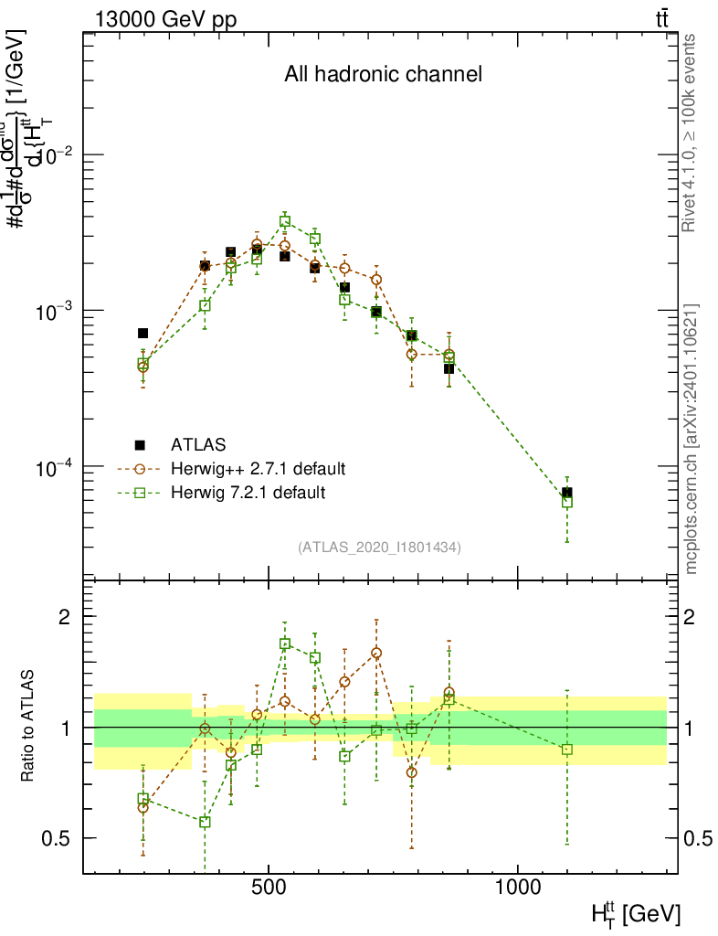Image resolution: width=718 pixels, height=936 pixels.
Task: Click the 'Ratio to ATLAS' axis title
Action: point(30,728)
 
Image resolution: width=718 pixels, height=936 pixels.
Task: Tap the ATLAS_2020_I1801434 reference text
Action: point(379,548)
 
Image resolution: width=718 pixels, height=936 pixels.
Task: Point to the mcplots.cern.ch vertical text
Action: point(692,439)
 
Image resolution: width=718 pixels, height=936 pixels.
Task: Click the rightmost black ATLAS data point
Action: point(567,493)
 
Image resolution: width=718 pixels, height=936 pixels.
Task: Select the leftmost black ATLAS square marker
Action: point(143,334)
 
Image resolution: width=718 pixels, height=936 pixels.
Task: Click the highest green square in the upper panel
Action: point(285,221)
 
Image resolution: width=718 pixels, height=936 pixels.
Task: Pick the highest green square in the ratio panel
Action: point(285,643)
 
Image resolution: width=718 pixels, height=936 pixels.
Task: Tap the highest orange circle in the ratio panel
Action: point(376,653)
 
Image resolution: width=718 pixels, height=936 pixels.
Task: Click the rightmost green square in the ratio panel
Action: point(567,750)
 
